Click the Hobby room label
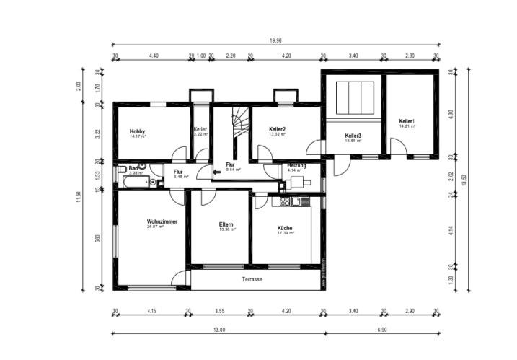coord(137,131)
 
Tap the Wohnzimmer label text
coord(162,221)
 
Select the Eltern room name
coord(226,224)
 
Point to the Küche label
coord(286,228)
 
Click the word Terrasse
coord(252,279)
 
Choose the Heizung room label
coord(296,165)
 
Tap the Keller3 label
coord(353,136)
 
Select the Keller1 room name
coord(407,120)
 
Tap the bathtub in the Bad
coord(135,183)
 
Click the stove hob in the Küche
coord(285,201)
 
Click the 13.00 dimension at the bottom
coord(218,329)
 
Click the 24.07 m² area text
coord(156,227)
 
